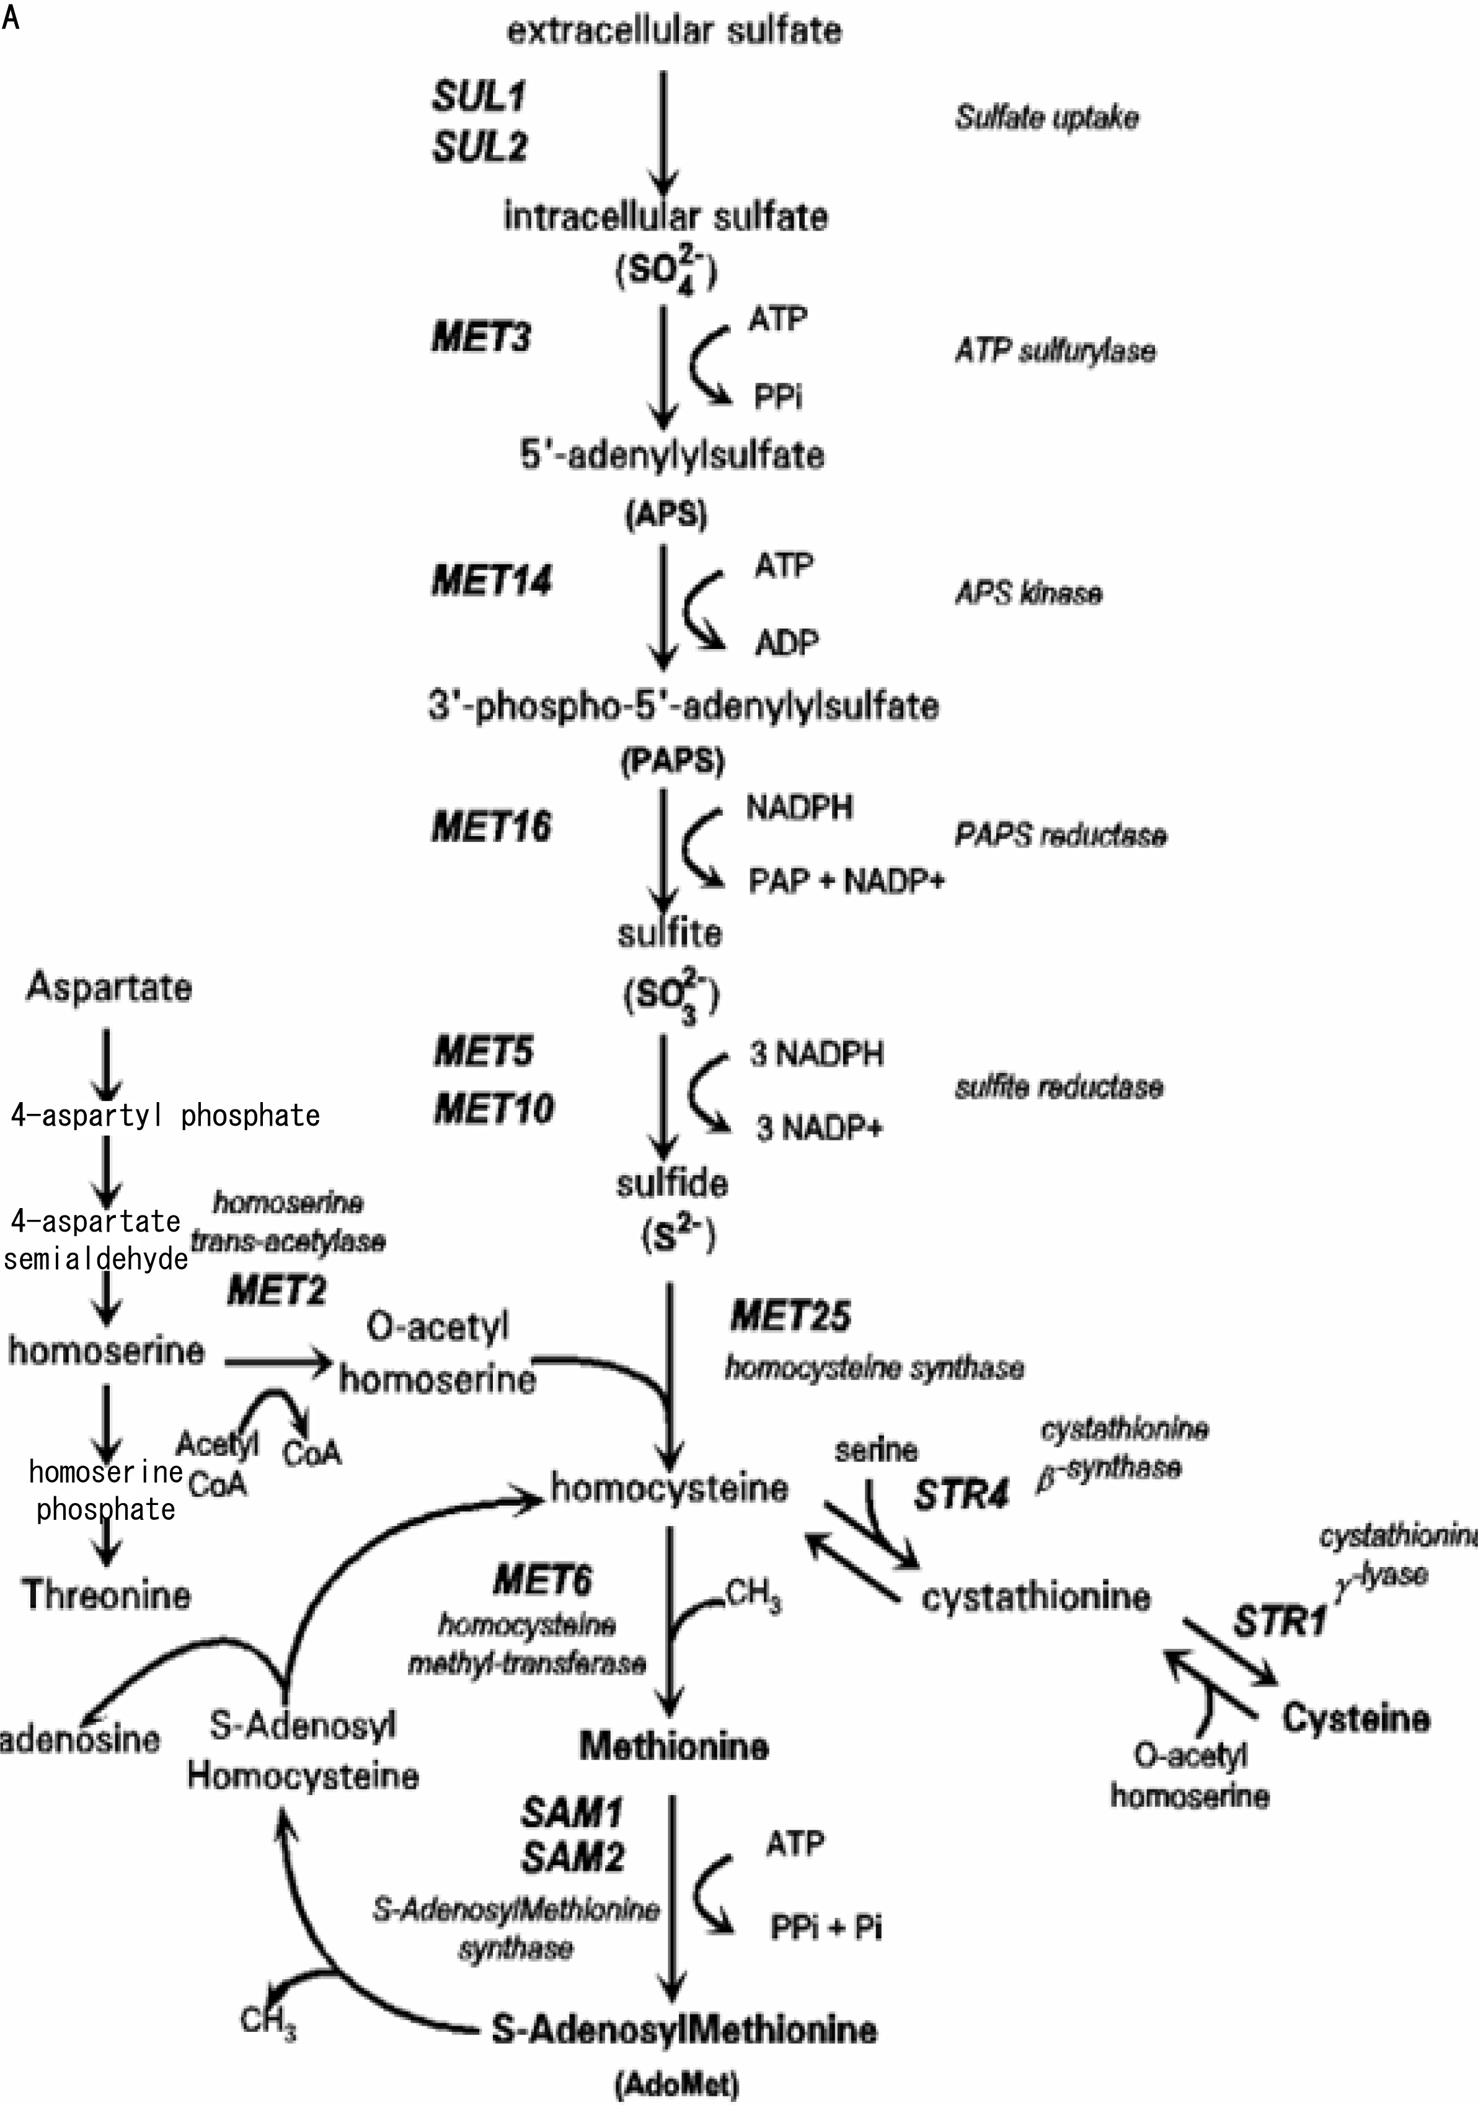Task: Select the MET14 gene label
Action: point(492,581)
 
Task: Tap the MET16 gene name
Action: point(492,827)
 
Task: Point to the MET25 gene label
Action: point(790,1317)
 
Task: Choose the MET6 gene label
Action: point(543,1579)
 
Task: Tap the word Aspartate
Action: point(109,987)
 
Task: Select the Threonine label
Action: point(107,1595)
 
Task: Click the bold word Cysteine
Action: point(1356,1717)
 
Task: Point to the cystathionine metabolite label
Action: point(1035,1597)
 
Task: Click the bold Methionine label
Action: point(674,1745)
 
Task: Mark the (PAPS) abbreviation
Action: point(673,761)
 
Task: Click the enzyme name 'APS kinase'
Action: point(1028,593)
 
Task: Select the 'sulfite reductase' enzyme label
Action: point(1059,1087)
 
